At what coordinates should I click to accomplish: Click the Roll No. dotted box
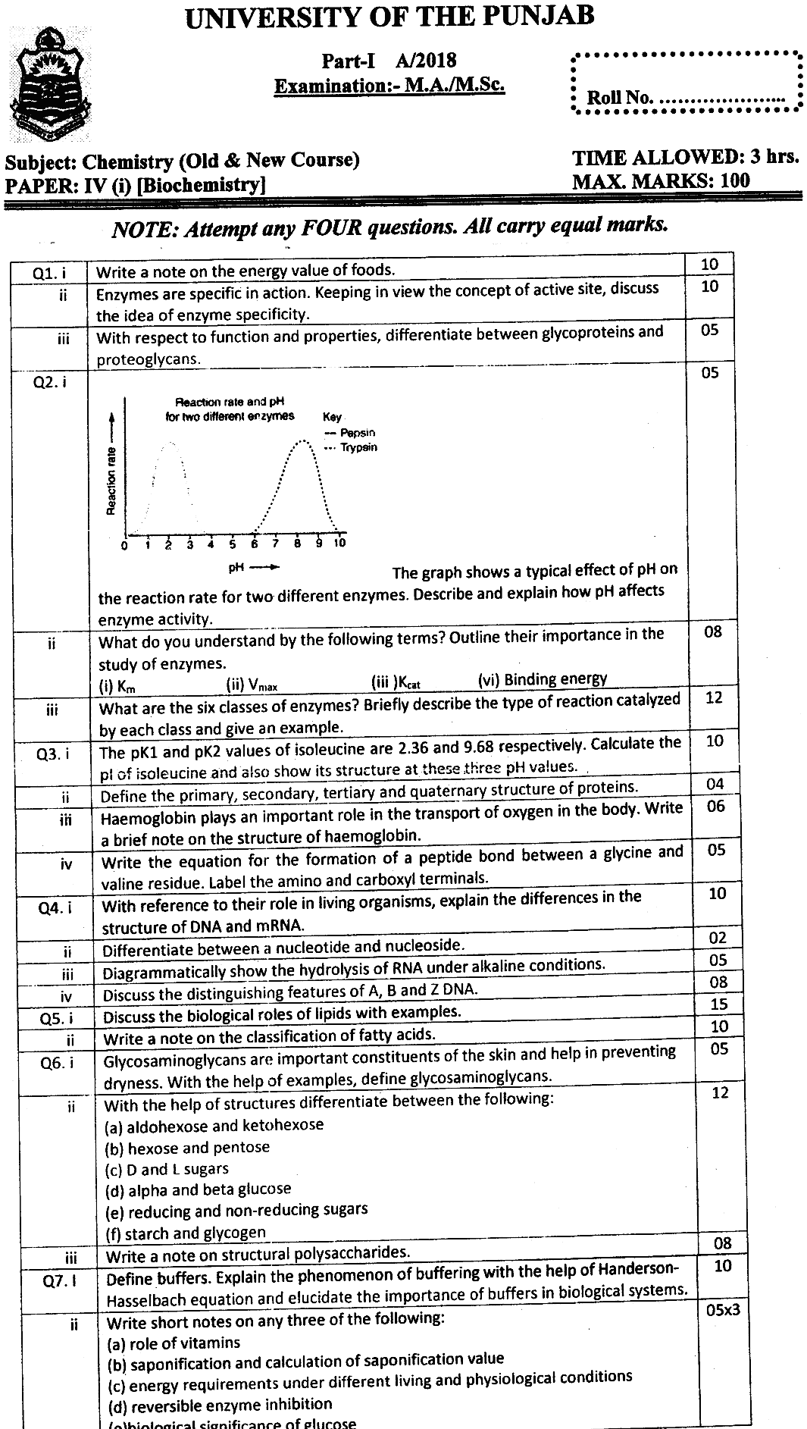(687, 83)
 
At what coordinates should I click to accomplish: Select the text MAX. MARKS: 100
(661, 180)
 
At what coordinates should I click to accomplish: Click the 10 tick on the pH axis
(339, 543)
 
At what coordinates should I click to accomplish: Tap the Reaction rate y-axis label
(111, 481)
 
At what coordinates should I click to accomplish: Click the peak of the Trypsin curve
(301, 440)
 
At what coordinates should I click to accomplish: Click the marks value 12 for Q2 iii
(713, 697)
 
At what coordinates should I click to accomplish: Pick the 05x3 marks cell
(722, 1309)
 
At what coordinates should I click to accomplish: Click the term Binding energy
(543, 678)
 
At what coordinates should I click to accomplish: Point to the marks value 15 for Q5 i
(719, 1004)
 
